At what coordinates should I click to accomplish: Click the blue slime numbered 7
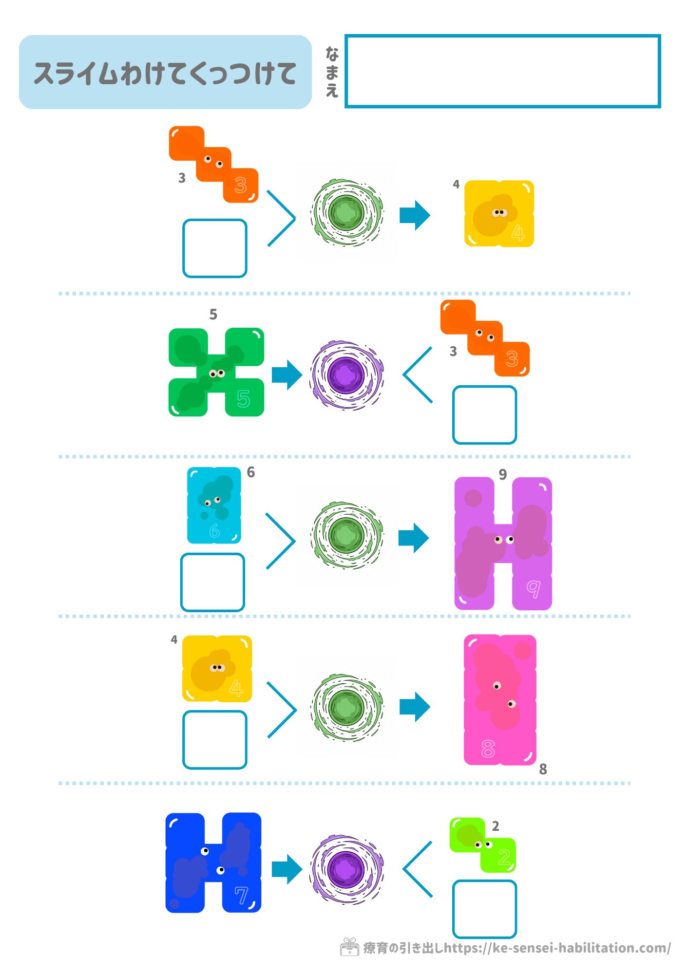[x=213, y=862]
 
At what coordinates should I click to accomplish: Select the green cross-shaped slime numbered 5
[x=216, y=373]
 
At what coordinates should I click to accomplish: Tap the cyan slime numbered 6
[x=214, y=505]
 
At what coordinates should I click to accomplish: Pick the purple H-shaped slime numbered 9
[x=503, y=543]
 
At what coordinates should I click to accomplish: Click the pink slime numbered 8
[x=499, y=699]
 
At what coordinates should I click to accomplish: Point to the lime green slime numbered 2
[x=482, y=845]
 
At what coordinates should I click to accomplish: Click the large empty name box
[x=502, y=71]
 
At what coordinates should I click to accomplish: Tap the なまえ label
[x=332, y=72]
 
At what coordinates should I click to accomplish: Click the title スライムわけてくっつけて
[x=165, y=73]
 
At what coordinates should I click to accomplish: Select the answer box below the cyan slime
[x=212, y=582]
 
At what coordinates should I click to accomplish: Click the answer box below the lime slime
[x=484, y=909]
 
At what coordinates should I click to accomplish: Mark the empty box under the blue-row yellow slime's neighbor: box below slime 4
[x=214, y=739]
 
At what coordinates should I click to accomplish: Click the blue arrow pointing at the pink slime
[x=415, y=707]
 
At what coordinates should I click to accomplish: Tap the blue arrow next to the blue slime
[x=287, y=869]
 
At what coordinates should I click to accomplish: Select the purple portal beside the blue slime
[x=346, y=869]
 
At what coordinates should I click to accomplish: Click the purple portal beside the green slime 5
[x=346, y=375]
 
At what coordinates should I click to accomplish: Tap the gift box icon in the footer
[x=349, y=947]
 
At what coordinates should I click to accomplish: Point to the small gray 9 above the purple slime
[x=503, y=474]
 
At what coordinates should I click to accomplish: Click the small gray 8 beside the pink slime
[x=543, y=769]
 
